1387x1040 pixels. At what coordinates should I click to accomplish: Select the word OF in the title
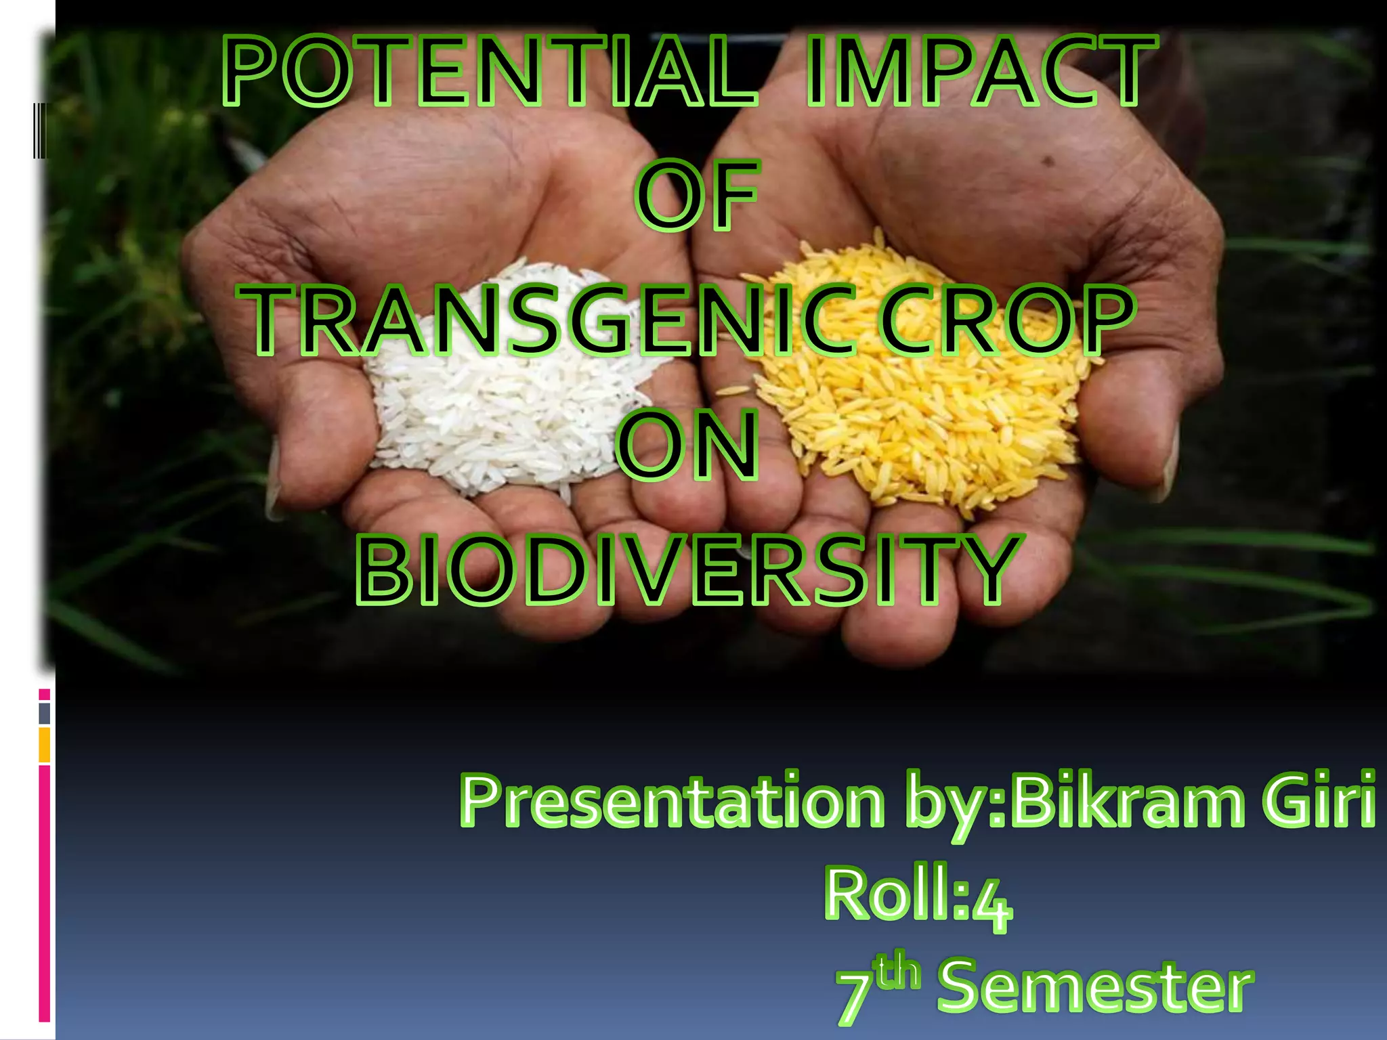[697, 196]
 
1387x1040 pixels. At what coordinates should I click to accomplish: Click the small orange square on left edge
[44, 745]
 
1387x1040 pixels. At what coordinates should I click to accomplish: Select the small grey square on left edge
[44, 713]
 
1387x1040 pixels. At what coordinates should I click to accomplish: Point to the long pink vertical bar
[44, 894]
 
